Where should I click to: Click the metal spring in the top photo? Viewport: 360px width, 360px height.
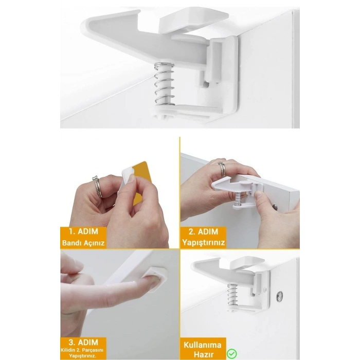[x=165, y=82]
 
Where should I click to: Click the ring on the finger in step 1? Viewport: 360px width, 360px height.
[x=97, y=185]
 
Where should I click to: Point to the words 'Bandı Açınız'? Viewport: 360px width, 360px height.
[x=83, y=242]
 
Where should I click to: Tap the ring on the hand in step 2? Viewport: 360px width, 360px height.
[x=221, y=169]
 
